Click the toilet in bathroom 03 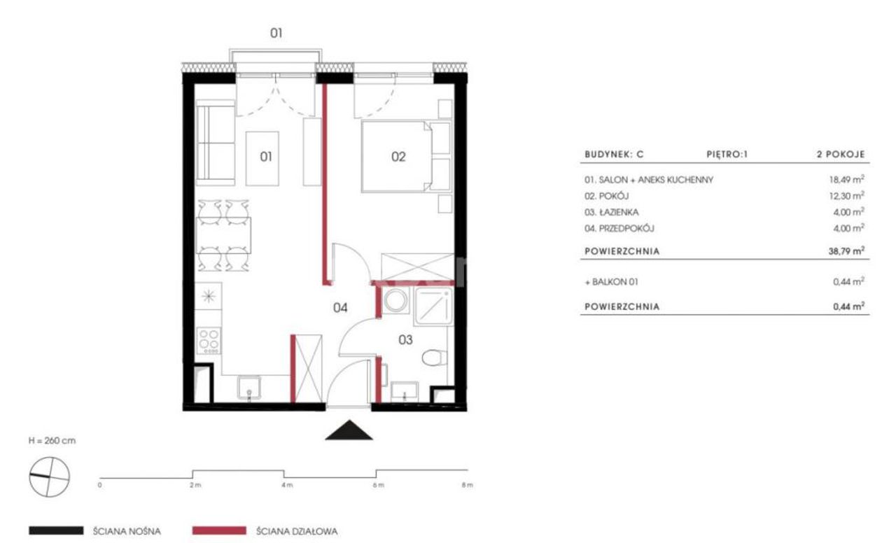(435, 358)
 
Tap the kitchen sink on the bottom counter (248, 388)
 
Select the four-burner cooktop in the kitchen (209, 341)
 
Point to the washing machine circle (395, 301)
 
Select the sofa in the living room (215, 143)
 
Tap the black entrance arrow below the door (349, 430)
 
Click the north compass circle (50, 477)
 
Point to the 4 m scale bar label (287, 485)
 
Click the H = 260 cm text (52, 441)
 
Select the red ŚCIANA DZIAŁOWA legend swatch (219, 530)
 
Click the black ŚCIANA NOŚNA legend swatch (56, 530)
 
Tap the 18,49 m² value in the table (846, 180)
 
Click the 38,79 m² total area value (846, 251)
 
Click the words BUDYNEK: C (614, 155)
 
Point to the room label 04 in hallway (340, 307)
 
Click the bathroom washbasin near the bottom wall (405, 391)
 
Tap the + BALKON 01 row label (611, 282)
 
